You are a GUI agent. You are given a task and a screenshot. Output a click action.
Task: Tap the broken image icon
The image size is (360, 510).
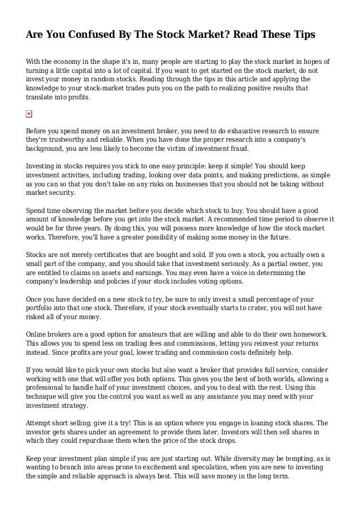click(x=29, y=115)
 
